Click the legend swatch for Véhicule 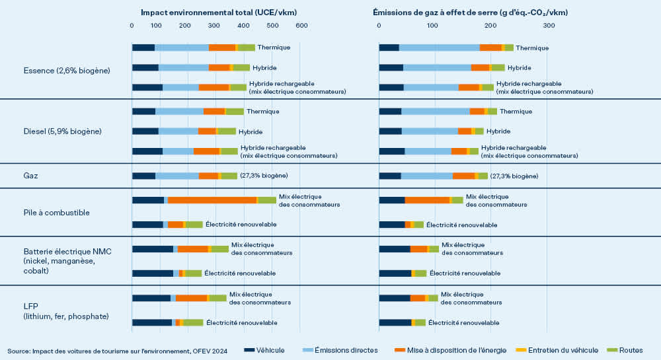[x=249, y=349]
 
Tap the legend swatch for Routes [x=615, y=349]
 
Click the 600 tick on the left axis [x=302, y=25]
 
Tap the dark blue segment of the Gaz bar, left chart [x=143, y=176]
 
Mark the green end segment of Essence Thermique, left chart [x=247, y=48]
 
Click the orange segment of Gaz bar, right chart [x=463, y=176]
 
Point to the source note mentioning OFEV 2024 [x=118, y=350]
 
